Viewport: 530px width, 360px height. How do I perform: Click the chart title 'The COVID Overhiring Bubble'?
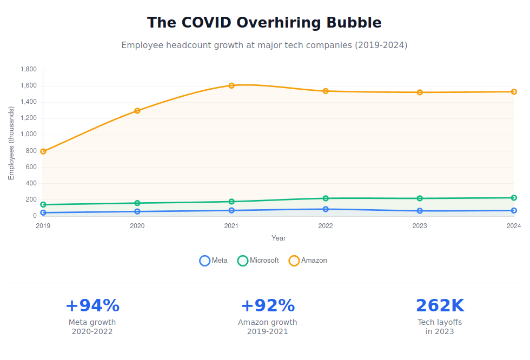pyautogui.click(x=264, y=23)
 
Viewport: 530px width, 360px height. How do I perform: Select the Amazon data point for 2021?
pyautogui.click(x=231, y=85)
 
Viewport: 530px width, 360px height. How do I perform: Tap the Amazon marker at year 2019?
pyautogui.click(x=43, y=151)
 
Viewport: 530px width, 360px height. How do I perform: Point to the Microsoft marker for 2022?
pyautogui.click(x=326, y=198)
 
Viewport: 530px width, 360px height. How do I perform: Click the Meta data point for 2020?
pyautogui.click(x=137, y=211)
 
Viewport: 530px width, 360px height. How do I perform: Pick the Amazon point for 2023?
pyautogui.click(x=420, y=92)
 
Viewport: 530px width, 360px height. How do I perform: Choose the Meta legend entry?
pyautogui.click(x=214, y=261)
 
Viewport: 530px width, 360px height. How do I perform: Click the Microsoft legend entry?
pyautogui.click(x=259, y=261)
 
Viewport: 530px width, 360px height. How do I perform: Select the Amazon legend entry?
pyautogui.click(x=308, y=261)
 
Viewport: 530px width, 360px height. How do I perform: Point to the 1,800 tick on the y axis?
pyautogui.click(x=28, y=70)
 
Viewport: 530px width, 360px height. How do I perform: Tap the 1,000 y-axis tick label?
pyautogui.click(x=28, y=135)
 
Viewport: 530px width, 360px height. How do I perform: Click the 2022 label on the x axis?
pyautogui.click(x=326, y=226)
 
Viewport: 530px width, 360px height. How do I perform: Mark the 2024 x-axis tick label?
pyautogui.click(x=514, y=226)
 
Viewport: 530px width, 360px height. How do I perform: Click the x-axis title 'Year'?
pyautogui.click(x=279, y=238)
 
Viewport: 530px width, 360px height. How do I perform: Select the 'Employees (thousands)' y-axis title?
pyautogui.click(x=11, y=143)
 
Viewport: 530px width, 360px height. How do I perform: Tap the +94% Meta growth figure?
pyautogui.click(x=92, y=306)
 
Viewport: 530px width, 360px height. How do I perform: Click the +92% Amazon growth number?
pyautogui.click(x=268, y=306)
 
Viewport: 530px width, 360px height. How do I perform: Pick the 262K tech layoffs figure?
pyautogui.click(x=440, y=306)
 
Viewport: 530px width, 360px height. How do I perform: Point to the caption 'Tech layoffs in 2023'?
pyautogui.click(x=440, y=327)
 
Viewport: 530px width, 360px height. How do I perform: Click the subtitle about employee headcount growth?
pyautogui.click(x=264, y=45)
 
